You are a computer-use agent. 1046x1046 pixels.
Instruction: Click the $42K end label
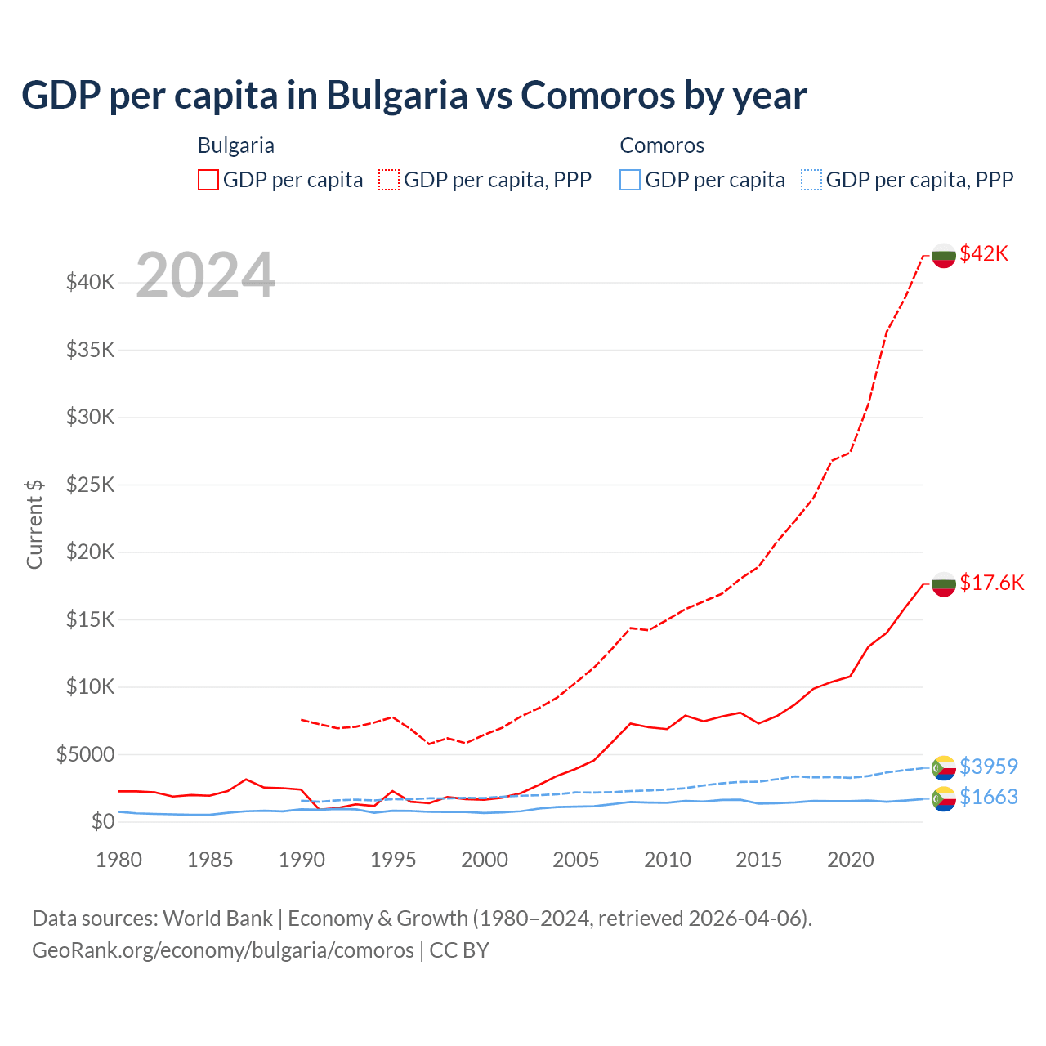pyautogui.click(x=984, y=253)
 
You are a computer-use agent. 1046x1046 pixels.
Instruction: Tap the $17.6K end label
pyautogui.click(x=991, y=583)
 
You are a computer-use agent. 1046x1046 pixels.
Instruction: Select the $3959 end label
pyautogui.click(x=989, y=767)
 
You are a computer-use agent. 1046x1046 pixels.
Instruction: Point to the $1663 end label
pyautogui.click(x=989, y=797)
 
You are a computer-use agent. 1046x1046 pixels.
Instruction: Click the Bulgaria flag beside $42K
pyautogui.click(x=944, y=255)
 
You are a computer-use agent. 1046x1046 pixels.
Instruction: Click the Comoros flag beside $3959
pyautogui.click(x=944, y=768)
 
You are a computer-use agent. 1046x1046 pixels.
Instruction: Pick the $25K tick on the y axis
pyautogui.click(x=91, y=485)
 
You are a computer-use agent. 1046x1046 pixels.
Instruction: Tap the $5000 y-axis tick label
pyautogui.click(x=85, y=754)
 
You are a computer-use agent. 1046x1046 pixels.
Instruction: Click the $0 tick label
pyautogui.click(x=102, y=821)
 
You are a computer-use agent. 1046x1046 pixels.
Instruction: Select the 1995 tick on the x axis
pyautogui.click(x=393, y=860)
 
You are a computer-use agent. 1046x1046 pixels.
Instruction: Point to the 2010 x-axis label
pyautogui.click(x=668, y=860)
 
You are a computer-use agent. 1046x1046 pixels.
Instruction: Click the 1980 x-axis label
pyautogui.click(x=119, y=860)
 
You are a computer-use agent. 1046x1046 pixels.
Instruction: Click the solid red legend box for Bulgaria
pyautogui.click(x=208, y=180)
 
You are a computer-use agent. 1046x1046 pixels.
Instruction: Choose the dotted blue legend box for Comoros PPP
pyautogui.click(x=811, y=180)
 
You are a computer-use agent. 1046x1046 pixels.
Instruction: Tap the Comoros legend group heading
pyautogui.click(x=662, y=145)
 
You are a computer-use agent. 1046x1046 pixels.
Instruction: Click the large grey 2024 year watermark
pyautogui.click(x=205, y=276)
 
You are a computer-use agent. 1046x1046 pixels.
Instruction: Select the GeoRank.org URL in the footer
pyautogui.click(x=223, y=950)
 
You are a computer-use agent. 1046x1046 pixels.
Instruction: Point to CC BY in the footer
pyautogui.click(x=459, y=950)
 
